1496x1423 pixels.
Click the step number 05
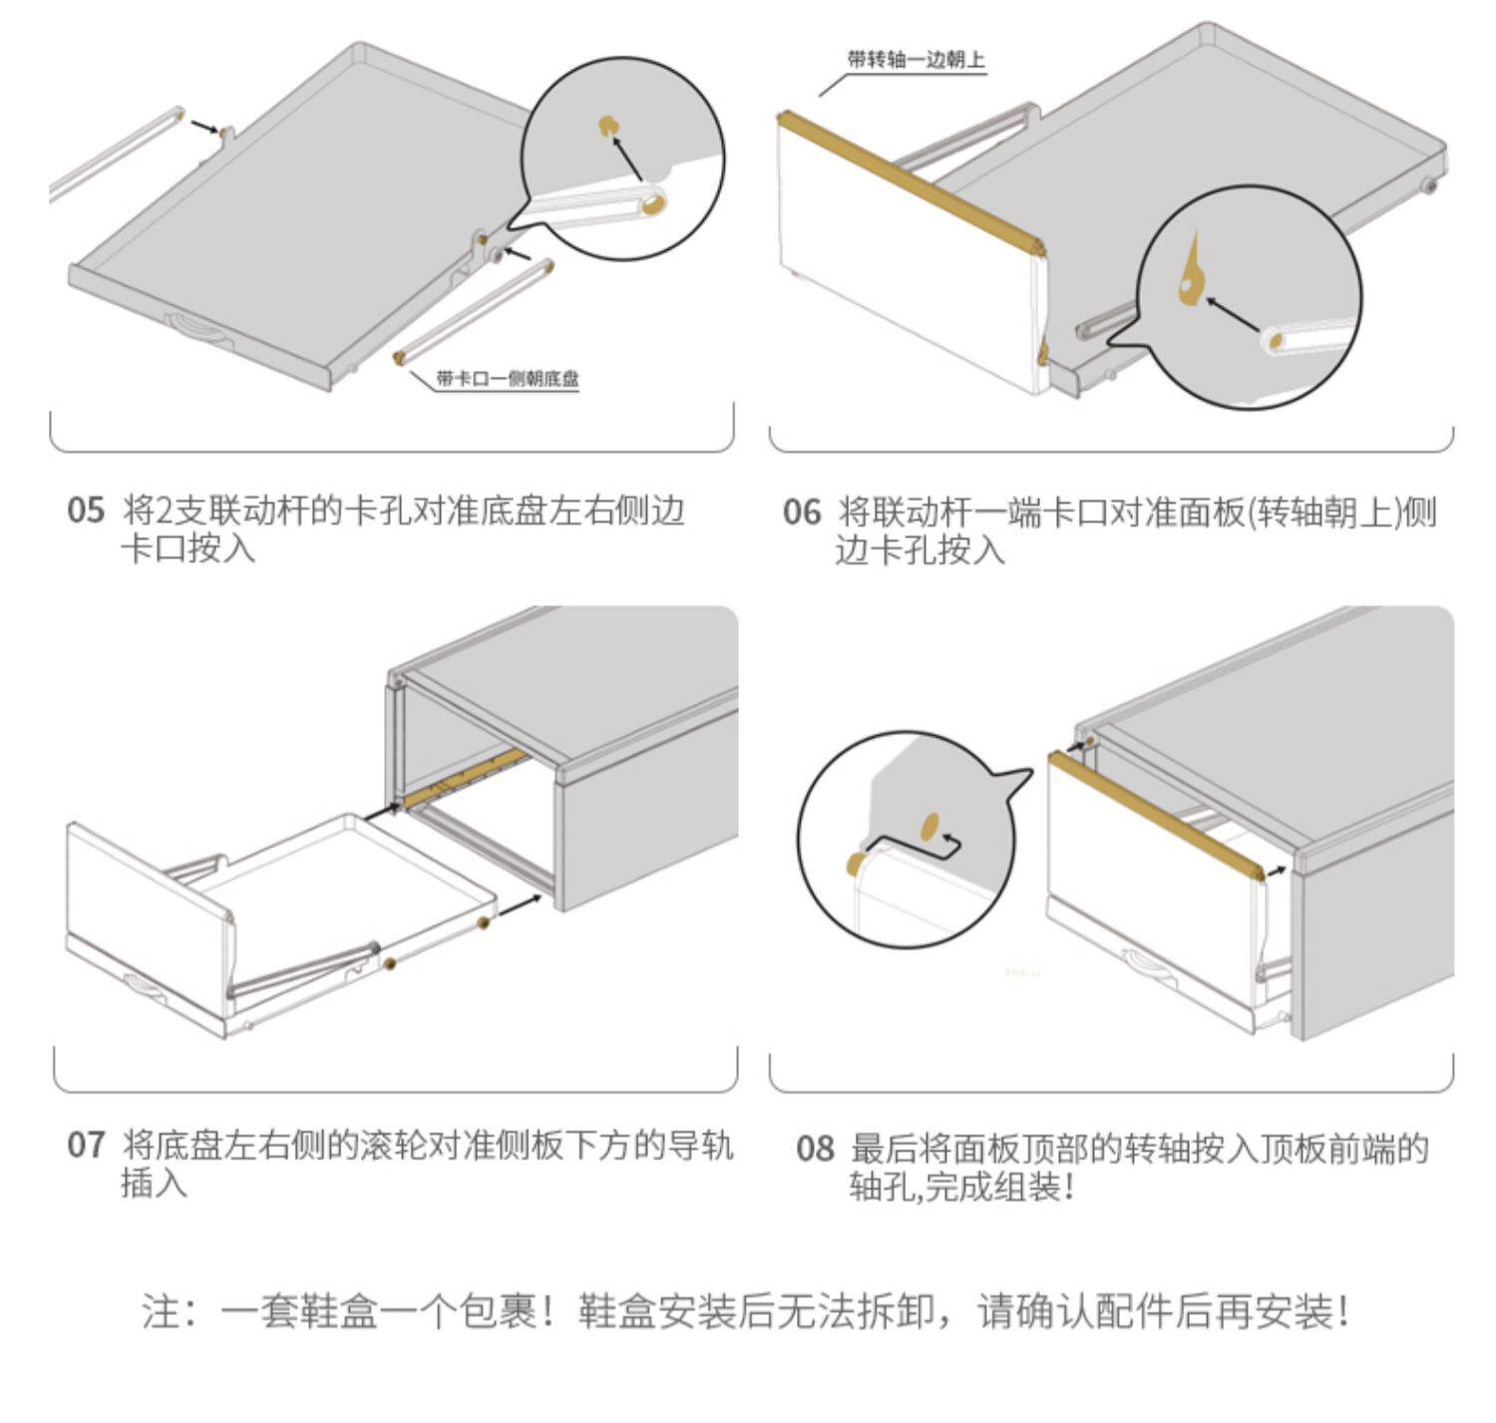coord(86,511)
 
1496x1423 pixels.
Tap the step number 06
coord(801,513)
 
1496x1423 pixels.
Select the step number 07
coord(86,1145)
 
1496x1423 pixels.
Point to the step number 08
coord(814,1149)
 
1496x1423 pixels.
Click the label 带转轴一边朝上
coord(916,60)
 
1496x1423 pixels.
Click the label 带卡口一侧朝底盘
coord(507,379)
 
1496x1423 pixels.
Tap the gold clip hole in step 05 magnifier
coord(606,126)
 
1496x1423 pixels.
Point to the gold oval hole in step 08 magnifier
coord(930,824)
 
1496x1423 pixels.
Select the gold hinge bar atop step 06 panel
coord(910,179)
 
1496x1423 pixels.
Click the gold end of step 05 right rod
coord(402,356)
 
